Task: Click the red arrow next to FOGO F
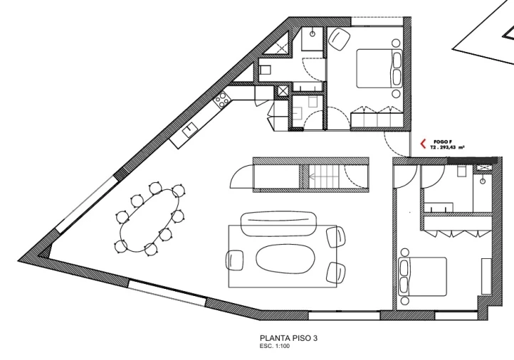[424, 143]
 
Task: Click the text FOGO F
[441, 141]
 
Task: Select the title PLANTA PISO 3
[285, 338]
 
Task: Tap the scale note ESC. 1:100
[276, 346]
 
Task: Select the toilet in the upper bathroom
[264, 70]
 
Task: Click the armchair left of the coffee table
[236, 260]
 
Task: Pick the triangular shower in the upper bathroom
[283, 46]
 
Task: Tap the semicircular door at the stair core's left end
[243, 176]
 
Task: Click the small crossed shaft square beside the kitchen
[283, 90]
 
